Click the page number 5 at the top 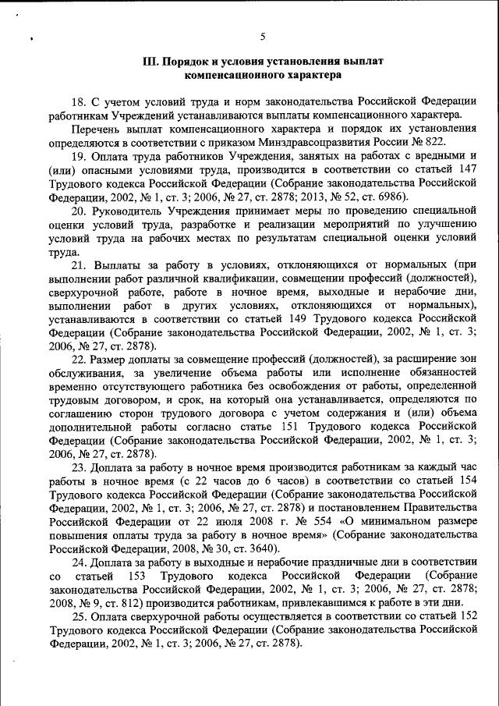(x=263, y=36)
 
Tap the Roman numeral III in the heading (x=152, y=62)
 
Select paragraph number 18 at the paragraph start (x=78, y=101)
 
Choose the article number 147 (x=466, y=169)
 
